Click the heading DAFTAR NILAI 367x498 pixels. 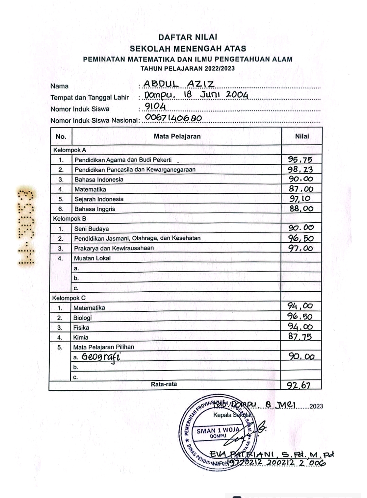[x=188, y=37]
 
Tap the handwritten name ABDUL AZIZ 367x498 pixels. [x=179, y=84]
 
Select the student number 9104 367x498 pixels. [x=155, y=106]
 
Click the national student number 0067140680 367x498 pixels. [x=173, y=118]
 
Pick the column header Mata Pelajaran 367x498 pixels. [x=177, y=136]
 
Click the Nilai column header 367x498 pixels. [x=302, y=136]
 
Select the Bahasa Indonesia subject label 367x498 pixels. [x=99, y=179]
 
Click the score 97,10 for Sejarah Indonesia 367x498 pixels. [x=300, y=199]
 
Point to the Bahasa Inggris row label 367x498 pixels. [x=95, y=209]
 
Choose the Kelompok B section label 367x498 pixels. [x=70, y=219]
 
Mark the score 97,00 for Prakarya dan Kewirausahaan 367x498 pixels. [x=301, y=248]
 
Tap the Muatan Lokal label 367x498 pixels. [x=92, y=258]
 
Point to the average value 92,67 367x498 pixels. [x=299, y=385]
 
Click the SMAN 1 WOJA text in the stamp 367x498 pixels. [x=218, y=431]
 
